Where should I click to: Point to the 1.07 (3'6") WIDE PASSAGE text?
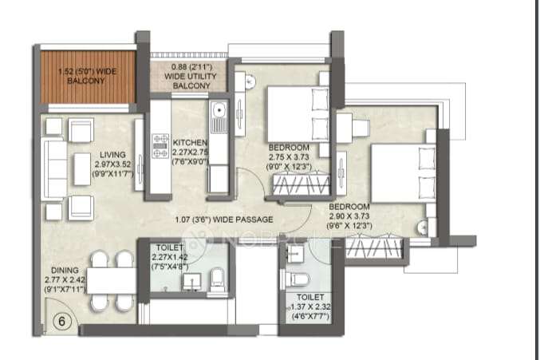[225, 219]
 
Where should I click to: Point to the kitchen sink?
[217, 121]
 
